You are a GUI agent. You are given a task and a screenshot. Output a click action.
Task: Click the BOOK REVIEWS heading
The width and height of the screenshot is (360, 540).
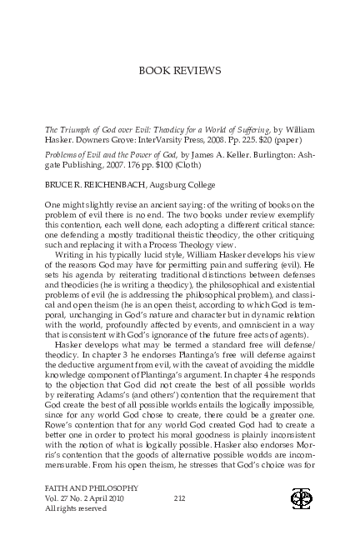179,72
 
